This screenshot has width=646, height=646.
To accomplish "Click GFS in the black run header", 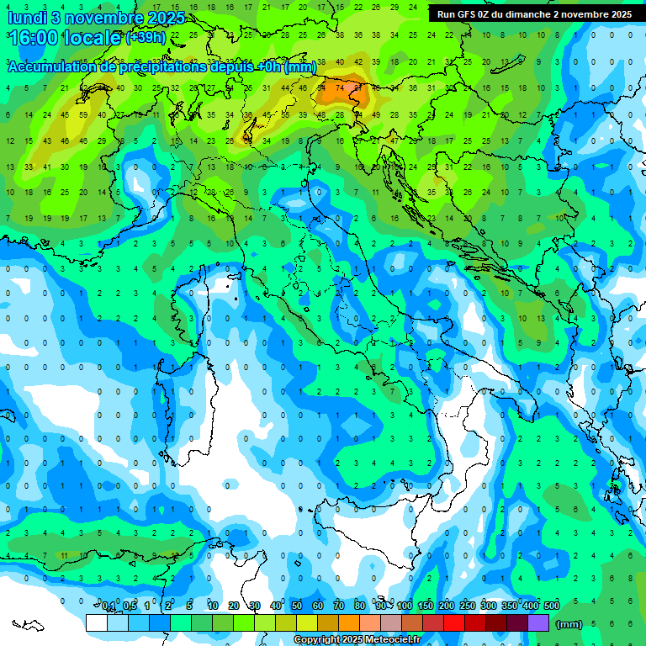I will pyautogui.click(x=469, y=14).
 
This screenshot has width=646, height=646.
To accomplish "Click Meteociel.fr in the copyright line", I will pyautogui.click(x=392, y=640).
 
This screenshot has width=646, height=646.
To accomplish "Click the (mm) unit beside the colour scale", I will pyautogui.click(x=569, y=624).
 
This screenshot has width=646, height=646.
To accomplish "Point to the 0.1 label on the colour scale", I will pyautogui.click(x=108, y=606).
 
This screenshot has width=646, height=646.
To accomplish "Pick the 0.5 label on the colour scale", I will pyautogui.click(x=129, y=606).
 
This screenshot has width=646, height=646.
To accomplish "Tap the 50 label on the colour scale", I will pyautogui.click(x=297, y=606).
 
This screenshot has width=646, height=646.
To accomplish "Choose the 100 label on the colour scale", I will pyautogui.click(x=405, y=606).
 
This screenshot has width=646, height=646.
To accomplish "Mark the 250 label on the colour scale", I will pyautogui.click(x=468, y=606).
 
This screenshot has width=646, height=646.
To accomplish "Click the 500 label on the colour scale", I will pyautogui.click(x=552, y=606).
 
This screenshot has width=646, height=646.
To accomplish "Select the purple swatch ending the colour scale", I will pyautogui.click(x=538, y=623).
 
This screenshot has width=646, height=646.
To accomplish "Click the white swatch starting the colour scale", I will pyautogui.click(x=97, y=623).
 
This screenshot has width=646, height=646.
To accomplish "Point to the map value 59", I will pyautogui.click(x=83, y=114).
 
